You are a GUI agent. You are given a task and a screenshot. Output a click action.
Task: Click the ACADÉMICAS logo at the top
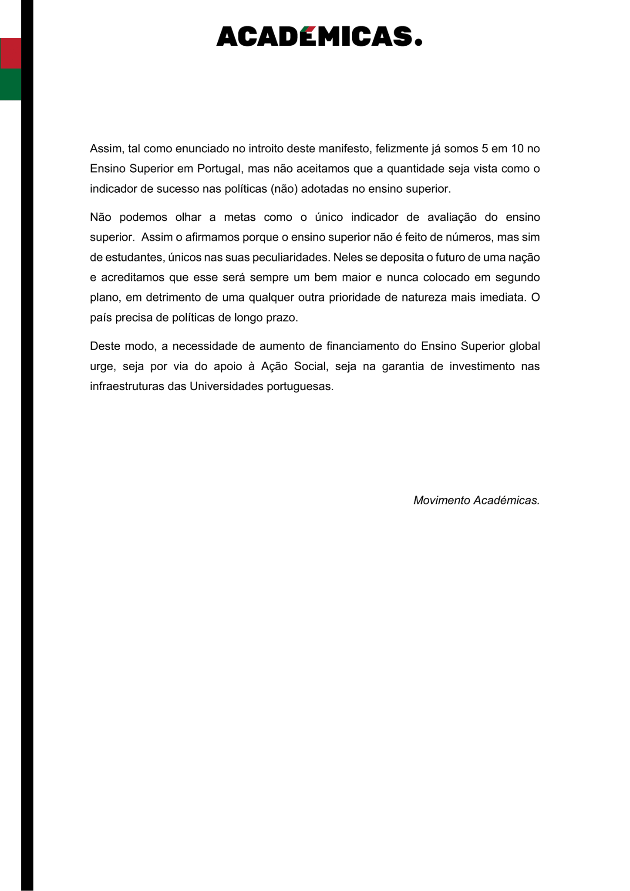(x=319, y=36)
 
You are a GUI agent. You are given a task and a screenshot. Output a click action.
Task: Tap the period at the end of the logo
(x=418, y=42)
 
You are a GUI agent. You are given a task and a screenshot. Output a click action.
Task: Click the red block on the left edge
(x=10, y=53)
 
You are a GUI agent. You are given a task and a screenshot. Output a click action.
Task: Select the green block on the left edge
(x=10, y=84)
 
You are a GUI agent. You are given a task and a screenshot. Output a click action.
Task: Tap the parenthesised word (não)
(x=284, y=189)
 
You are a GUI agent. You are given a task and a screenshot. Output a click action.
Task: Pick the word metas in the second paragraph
(x=239, y=217)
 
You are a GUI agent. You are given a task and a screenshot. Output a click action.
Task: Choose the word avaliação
(x=452, y=217)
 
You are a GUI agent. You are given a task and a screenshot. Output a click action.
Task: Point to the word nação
(x=526, y=258)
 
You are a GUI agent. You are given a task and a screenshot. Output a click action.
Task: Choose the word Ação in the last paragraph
(x=274, y=366)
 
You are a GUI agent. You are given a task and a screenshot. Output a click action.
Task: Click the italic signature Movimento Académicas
(x=476, y=500)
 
